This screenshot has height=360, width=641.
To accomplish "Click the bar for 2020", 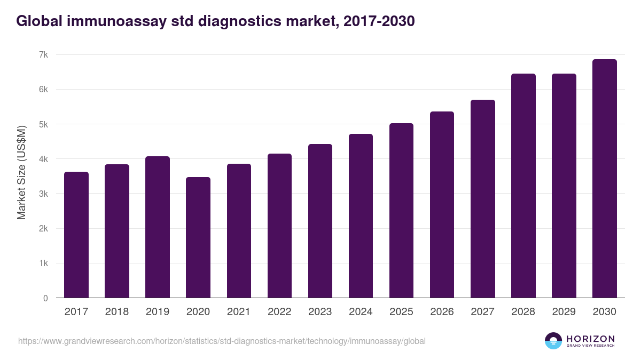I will (x=198, y=237).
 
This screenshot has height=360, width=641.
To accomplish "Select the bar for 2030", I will (x=604, y=179).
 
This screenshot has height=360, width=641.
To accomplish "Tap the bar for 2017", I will (x=76, y=235).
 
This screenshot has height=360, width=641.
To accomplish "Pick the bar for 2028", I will (x=523, y=186).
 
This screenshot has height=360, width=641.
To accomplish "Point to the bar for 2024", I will (x=361, y=216).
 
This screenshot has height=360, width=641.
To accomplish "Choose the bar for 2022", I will (x=279, y=226).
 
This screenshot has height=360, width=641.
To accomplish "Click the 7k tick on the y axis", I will (x=43, y=55).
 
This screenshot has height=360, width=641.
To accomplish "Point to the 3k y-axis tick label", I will (x=43, y=194).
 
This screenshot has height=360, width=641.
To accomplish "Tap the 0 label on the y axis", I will (x=45, y=298).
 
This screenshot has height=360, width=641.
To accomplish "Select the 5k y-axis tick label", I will (x=43, y=124).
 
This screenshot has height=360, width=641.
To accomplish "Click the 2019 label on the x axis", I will (x=158, y=312).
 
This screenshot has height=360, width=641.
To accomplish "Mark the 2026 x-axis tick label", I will (x=442, y=312).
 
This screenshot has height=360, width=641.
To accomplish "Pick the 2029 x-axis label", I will (x=564, y=312).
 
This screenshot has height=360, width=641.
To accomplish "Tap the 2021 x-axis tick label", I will (x=239, y=312).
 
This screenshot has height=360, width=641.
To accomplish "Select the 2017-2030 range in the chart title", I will (x=377, y=21).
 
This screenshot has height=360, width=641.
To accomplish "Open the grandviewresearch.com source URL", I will (x=222, y=341).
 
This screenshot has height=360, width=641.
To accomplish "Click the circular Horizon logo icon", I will (x=553, y=341).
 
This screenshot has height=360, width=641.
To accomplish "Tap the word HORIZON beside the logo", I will (x=590, y=339).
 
